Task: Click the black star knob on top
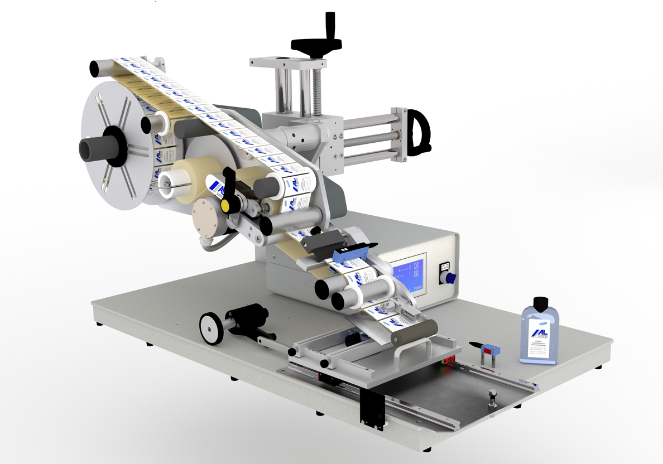(315, 44)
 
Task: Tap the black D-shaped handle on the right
(418, 132)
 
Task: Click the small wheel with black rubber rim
(212, 328)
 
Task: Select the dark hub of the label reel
(98, 149)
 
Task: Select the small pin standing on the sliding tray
(493, 398)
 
